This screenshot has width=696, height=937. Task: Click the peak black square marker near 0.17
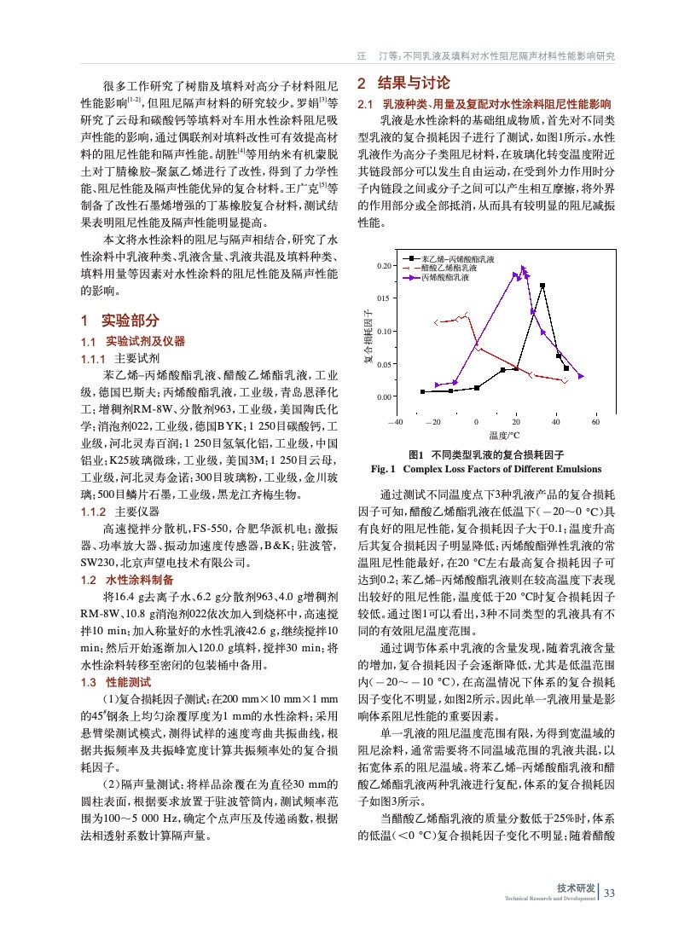pyautogui.click(x=542, y=286)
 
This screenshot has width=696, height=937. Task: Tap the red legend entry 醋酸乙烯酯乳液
pyautogui.click(x=453, y=268)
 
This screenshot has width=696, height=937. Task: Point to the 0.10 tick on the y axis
pyautogui.click(x=384, y=332)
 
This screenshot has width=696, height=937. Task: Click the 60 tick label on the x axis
pyautogui.click(x=594, y=423)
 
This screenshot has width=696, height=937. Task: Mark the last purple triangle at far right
pyautogui.click(x=581, y=376)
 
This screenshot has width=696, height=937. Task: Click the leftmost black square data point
pyautogui.click(x=422, y=392)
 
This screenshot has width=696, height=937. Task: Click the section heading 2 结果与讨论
pyautogui.click(x=403, y=84)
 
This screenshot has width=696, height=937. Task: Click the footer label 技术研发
pyautogui.click(x=576, y=888)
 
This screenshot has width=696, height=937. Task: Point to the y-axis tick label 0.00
pyautogui.click(x=384, y=397)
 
